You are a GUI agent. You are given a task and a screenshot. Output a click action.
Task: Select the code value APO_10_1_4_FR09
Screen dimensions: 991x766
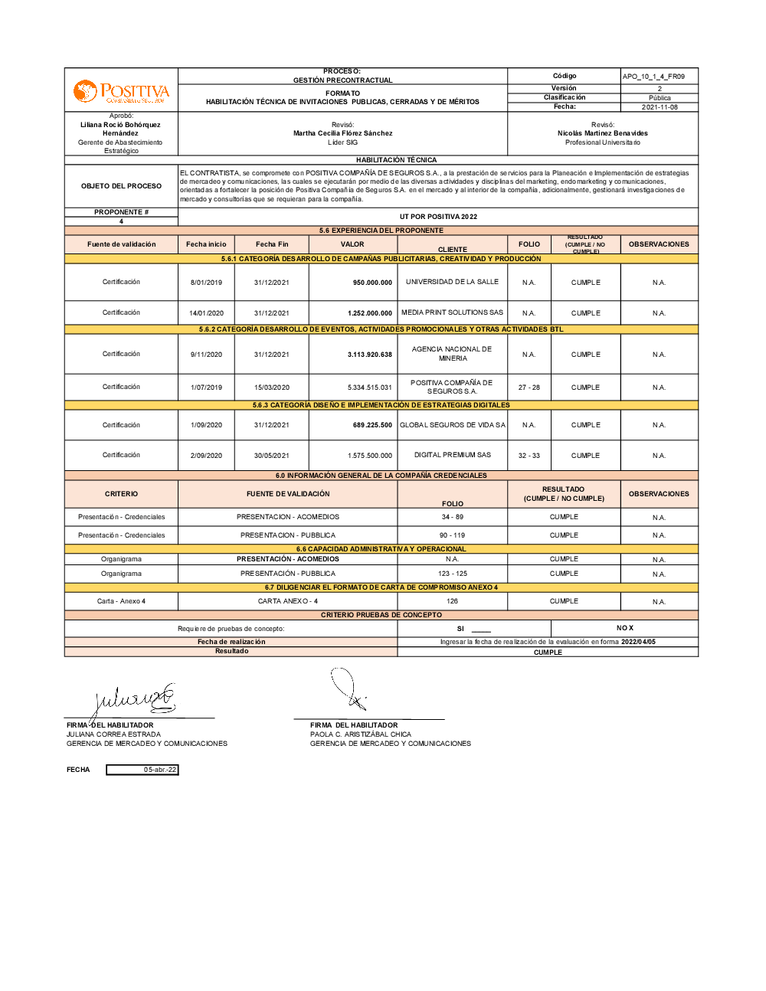(653, 77)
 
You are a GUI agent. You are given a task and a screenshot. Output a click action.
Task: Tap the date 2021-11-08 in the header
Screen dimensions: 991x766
(660, 107)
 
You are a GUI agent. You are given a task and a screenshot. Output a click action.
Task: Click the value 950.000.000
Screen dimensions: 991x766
(372, 283)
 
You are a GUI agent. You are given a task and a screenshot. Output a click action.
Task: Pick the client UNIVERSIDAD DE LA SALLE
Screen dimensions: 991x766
(452, 282)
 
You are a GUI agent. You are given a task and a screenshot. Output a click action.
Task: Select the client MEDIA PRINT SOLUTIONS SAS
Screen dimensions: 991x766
(452, 312)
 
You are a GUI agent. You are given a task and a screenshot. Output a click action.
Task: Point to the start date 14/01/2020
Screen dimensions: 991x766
(206, 313)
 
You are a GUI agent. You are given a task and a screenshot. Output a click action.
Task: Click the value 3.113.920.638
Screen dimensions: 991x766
(369, 355)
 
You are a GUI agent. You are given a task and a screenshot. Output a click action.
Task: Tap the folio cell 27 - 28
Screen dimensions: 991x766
(529, 388)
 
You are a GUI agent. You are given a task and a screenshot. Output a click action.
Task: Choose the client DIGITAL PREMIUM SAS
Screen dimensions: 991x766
(452, 455)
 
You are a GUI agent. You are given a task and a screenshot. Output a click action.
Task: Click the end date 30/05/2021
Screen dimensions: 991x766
(272, 456)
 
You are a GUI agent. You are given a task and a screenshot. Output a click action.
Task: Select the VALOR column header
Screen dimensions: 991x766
(352, 244)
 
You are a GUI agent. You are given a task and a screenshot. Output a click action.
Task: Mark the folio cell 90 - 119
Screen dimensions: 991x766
(452, 535)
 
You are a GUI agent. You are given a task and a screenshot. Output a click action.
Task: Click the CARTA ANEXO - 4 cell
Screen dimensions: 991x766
(287, 601)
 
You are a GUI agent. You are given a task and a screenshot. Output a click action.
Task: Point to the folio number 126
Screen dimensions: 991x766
(452, 601)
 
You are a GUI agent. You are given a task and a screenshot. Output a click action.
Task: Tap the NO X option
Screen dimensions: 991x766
(625, 628)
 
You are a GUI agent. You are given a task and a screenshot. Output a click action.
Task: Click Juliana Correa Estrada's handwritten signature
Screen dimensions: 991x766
(135, 699)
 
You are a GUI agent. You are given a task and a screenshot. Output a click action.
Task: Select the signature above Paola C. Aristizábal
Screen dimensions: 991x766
(349, 689)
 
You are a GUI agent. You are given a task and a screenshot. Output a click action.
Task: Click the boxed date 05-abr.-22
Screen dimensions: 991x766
(142, 770)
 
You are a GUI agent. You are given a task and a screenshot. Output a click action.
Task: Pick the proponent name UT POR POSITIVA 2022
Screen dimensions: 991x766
(438, 217)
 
